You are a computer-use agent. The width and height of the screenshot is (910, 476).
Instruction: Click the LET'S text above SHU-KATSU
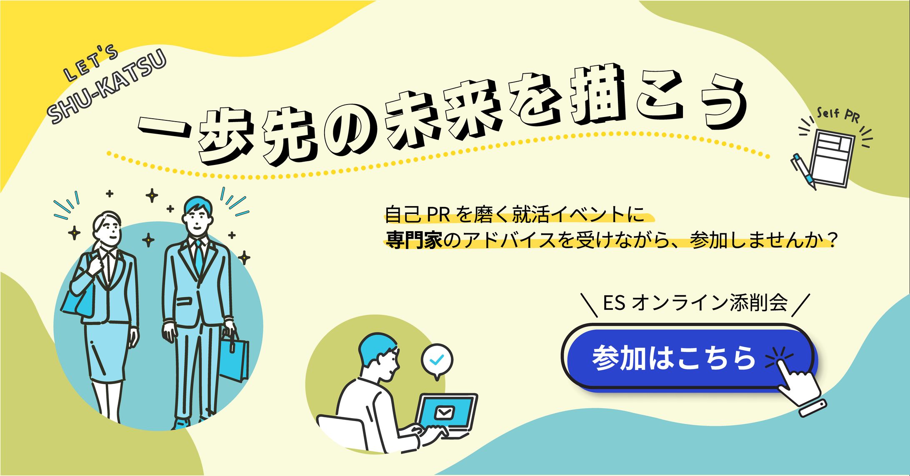coord(91,64)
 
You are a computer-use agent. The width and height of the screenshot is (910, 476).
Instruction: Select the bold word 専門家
coord(414,240)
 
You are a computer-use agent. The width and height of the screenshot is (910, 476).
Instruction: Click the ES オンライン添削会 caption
coord(695,303)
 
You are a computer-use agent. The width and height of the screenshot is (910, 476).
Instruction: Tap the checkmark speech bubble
coord(437,361)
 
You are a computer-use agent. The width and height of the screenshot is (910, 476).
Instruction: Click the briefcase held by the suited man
coord(234,358)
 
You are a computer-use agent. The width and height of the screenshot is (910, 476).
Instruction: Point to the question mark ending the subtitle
coord(831,240)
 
